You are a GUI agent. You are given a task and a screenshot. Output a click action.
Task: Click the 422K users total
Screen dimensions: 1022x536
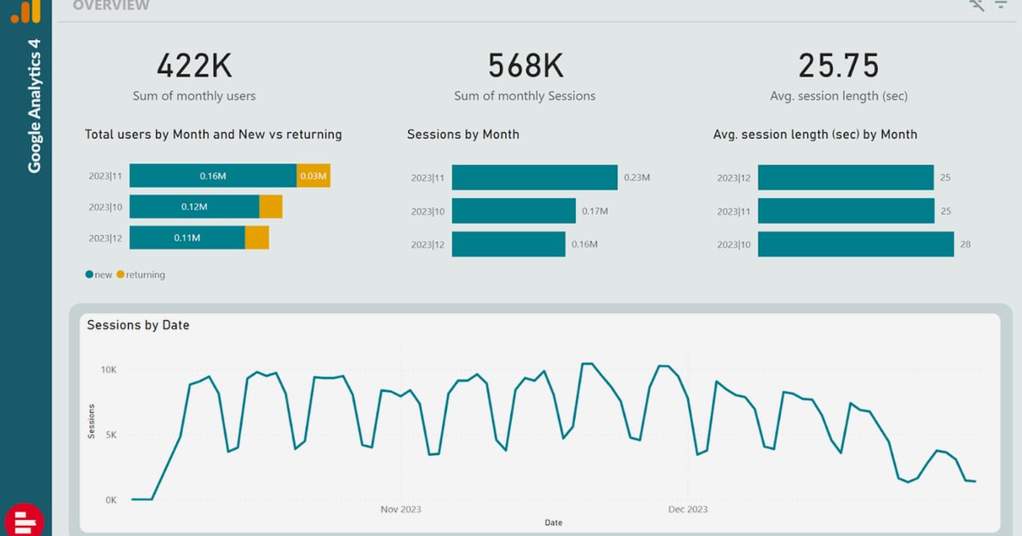point(194,66)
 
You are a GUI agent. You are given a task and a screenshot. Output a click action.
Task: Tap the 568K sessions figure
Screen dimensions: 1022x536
point(525,66)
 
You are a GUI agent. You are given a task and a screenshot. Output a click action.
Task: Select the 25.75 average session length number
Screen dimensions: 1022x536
point(839,66)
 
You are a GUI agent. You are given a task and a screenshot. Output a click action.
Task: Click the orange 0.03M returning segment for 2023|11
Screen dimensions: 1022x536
point(313,175)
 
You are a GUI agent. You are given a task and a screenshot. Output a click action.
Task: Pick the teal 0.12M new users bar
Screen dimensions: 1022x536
point(194,207)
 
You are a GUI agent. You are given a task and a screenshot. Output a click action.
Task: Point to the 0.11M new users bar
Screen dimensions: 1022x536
point(187,237)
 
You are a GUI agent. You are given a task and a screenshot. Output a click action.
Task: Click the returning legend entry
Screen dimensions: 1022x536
point(141,274)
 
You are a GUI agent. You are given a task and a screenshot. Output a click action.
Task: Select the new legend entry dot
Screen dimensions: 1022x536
point(89,274)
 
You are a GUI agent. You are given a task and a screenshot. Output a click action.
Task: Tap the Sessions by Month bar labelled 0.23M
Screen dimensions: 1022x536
point(535,177)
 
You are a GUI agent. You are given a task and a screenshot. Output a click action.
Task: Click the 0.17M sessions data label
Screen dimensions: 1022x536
point(595,211)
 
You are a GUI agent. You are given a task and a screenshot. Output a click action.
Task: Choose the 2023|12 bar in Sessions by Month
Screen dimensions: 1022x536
point(508,244)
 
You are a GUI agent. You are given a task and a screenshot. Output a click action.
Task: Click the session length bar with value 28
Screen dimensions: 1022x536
point(856,244)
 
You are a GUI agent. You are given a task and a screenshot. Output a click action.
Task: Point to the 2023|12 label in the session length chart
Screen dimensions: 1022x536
point(733,178)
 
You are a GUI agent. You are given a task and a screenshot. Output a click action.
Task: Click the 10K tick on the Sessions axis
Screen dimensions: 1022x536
point(109,369)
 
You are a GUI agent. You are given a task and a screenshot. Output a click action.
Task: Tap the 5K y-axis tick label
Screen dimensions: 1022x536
point(111,435)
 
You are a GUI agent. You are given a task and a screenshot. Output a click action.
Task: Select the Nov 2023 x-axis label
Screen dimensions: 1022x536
point(401,509)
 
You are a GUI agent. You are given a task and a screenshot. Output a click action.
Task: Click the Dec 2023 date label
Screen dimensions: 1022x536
point(688,509)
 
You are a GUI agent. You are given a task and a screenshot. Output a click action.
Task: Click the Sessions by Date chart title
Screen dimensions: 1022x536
point(138,325)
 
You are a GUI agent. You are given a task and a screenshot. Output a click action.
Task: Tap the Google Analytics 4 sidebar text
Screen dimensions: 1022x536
point(34,105)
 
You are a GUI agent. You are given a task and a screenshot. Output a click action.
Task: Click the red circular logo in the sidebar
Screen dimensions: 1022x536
point(25,520)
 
